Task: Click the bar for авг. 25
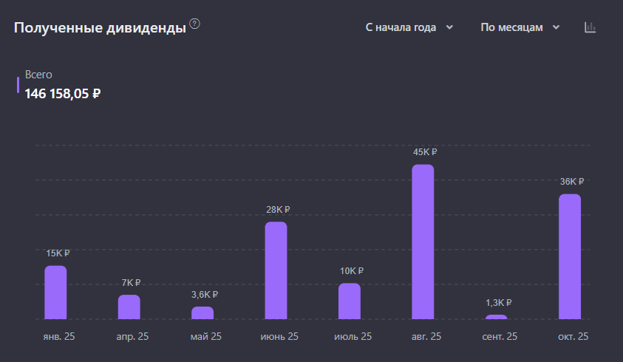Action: click(423, 242)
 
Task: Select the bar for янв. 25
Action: click(55, 293)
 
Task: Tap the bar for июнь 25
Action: click(276, 270)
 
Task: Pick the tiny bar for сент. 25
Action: click(497, 317)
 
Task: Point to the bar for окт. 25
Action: click(570, 256)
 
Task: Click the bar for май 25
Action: click(202, 313)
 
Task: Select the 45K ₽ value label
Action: click(425, 152)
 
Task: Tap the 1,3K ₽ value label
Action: click(498, 303)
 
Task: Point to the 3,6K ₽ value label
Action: click(205, 295)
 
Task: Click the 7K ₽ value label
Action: click(130, 283)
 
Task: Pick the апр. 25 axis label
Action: click(132, 337)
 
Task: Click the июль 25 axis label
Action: click(353, 337)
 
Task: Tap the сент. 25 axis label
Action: click(500, 337)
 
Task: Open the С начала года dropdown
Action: click(409, 27)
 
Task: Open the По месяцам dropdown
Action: click(520, 27)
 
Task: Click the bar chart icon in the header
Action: click(590, 27)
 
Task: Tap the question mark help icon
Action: click(195, 24)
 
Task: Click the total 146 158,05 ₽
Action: click(63, 94)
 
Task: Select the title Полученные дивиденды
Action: click(100, 29)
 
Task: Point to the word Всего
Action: click(38, 75)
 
